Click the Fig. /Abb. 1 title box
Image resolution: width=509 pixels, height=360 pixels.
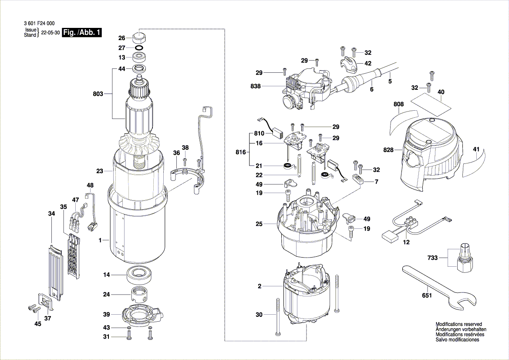pos(82,33)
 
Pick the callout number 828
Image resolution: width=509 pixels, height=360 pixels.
pos(388,150)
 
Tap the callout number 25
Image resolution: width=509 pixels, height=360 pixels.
pos(260,224)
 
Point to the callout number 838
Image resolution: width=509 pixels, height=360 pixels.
pos(256,86)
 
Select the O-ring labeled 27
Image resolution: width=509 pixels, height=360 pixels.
pos(139,48)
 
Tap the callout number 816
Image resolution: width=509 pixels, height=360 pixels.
pos(241,153)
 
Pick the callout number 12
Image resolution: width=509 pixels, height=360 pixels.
pos(406,242)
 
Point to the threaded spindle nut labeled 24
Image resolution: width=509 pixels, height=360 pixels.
pos(140,295)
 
